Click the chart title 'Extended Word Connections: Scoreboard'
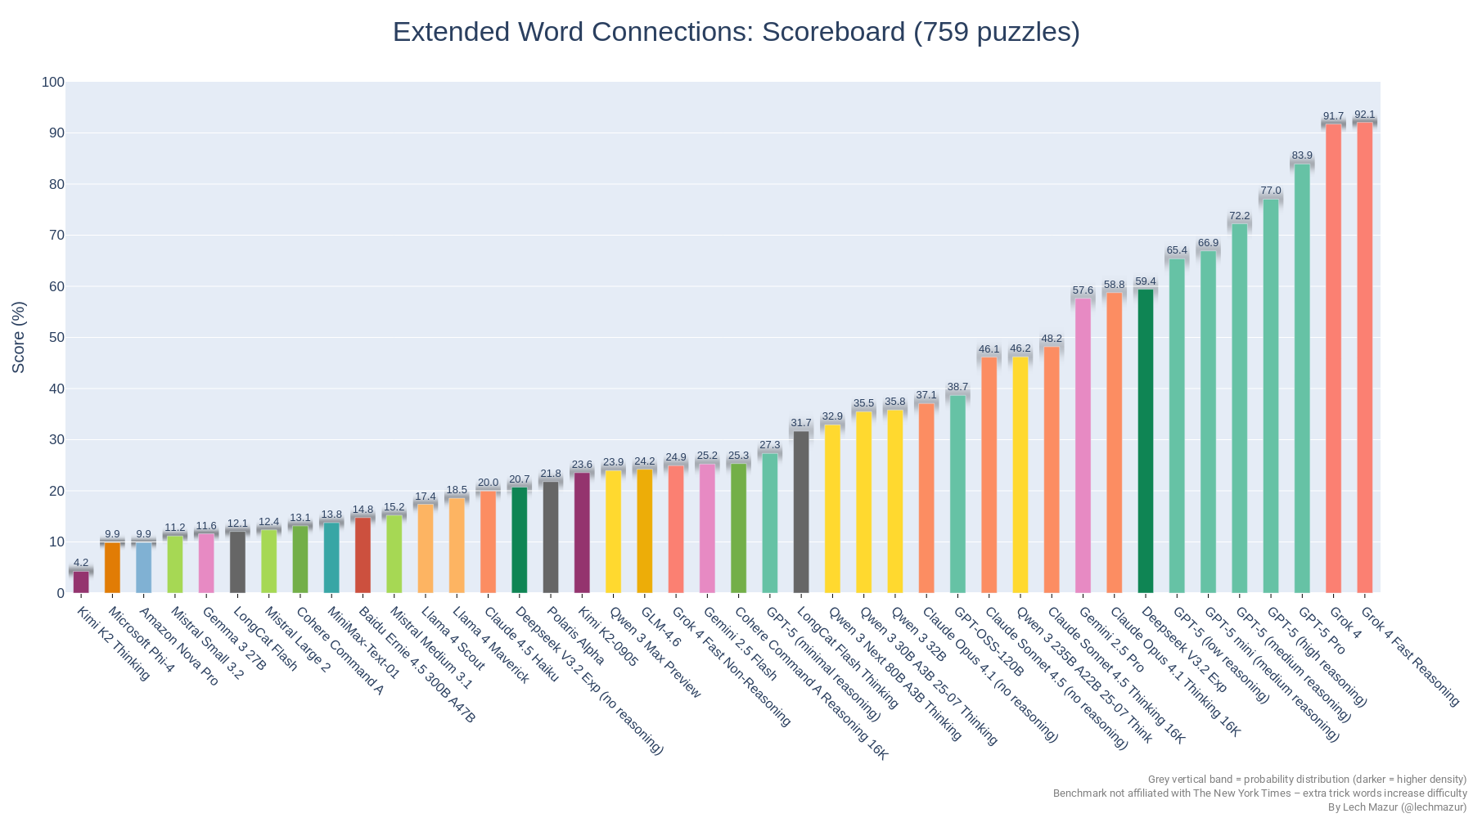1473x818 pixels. point(736,32)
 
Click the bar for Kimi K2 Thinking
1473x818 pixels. point(81,582)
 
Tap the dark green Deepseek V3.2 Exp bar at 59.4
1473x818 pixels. point(1146,441)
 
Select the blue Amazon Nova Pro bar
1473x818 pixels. point(143,567)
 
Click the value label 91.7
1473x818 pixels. point(1333,116)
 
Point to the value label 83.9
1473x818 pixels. point(1302,155)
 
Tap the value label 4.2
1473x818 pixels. point(81,563)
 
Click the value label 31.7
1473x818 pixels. point(801,423)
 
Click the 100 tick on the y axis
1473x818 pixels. point(53,82)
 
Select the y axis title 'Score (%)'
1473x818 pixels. point(19,337)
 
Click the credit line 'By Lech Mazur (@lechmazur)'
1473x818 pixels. point(1397,807)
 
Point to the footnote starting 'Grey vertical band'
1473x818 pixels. point(1307,780)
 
